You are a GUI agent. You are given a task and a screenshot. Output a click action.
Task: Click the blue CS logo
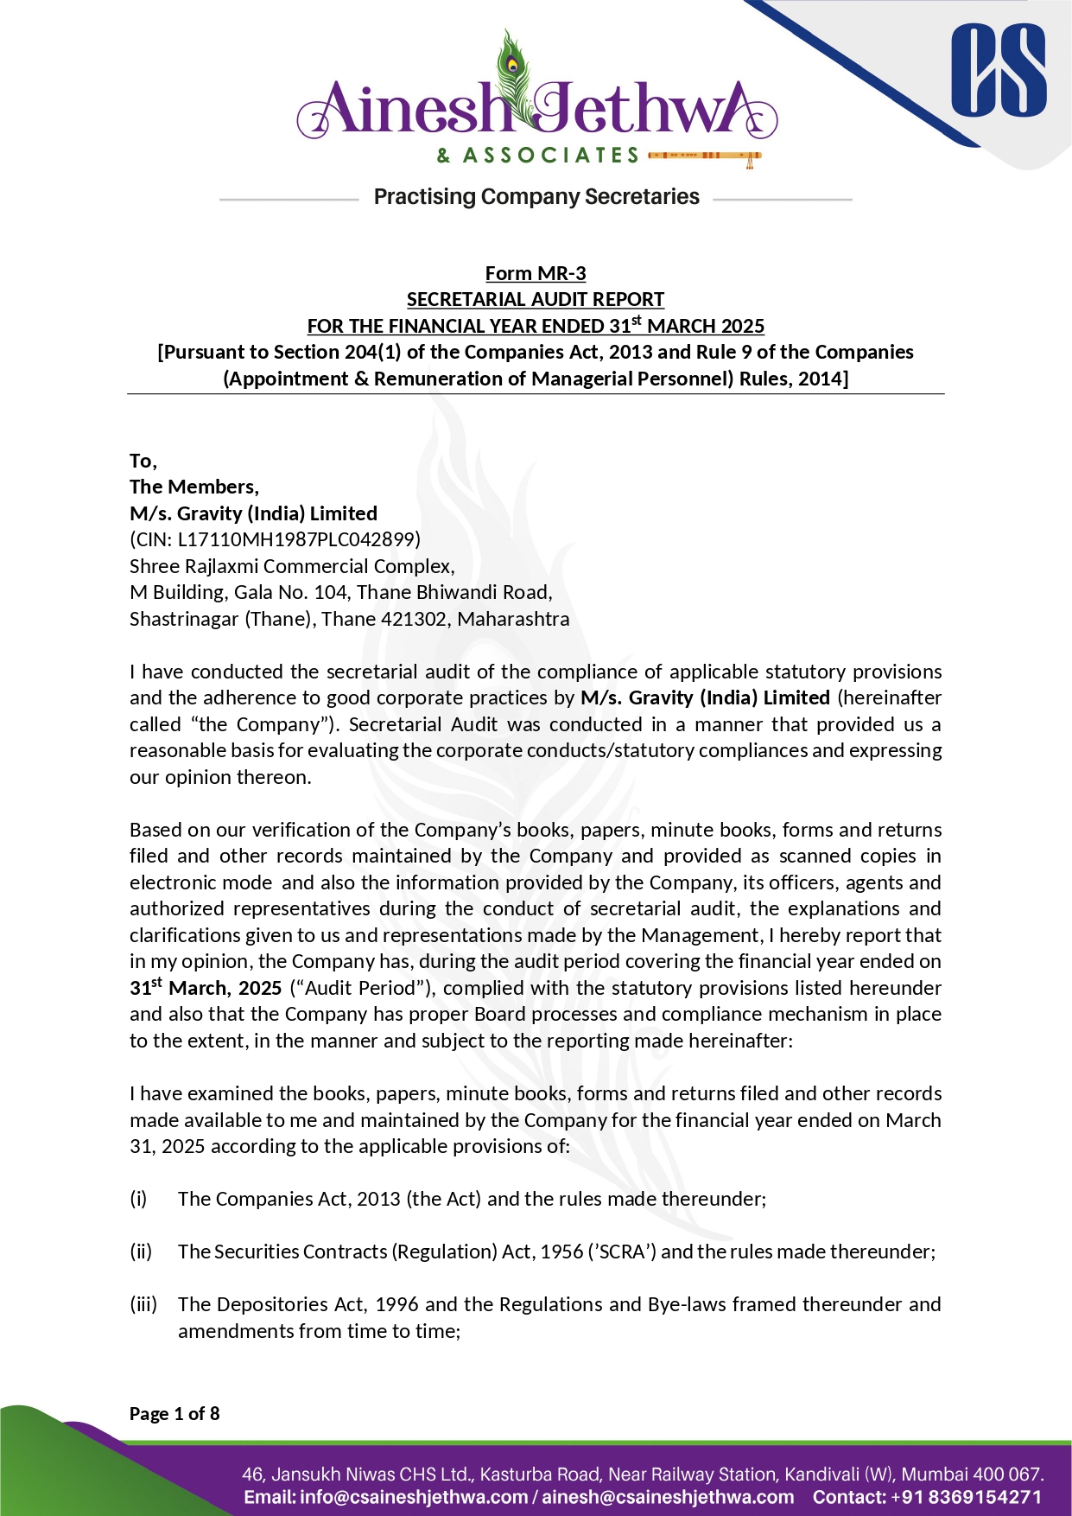[998, 71]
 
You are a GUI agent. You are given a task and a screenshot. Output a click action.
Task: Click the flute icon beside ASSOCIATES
[704, 156]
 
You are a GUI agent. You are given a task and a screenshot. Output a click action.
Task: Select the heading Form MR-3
[536, 273]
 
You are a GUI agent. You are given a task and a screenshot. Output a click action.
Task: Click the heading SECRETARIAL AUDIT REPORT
[536, 299]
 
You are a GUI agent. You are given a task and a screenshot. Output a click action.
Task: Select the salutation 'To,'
[143, 461]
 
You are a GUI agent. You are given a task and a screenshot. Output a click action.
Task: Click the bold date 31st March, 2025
[206, 987]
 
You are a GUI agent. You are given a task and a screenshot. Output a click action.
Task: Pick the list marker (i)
[139, 1199]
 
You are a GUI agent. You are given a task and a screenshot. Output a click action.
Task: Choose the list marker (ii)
[141, 1252]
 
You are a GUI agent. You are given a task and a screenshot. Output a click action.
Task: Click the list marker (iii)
[143, 1304]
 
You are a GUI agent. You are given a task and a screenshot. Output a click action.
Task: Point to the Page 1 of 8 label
[174, 1413]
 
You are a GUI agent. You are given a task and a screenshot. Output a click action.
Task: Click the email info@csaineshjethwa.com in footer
[413, 1497]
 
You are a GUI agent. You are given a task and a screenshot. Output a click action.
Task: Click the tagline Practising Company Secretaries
[536, 197]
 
